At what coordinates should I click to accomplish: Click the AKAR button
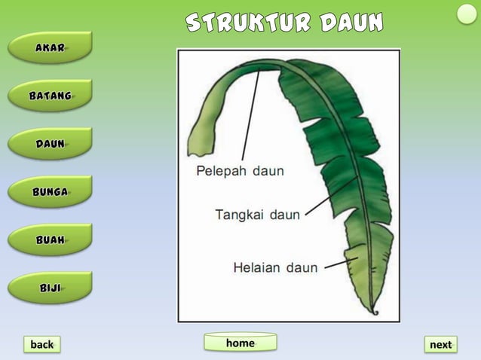(50, 47)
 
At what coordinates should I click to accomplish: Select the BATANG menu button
(50, 96)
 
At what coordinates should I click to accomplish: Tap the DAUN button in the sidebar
(50, 144)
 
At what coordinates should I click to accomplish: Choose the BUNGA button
(50, 192)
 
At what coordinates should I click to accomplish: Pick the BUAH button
(50, 240)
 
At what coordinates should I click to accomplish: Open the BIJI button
(50, 288)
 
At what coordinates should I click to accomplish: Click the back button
(41, 344)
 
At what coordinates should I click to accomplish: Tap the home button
(240, 343)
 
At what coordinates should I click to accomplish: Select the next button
(440, 344)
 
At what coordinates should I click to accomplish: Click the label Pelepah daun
(240, 171)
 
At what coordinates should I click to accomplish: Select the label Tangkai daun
(257, 215)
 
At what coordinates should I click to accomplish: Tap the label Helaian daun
(275, 267)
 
